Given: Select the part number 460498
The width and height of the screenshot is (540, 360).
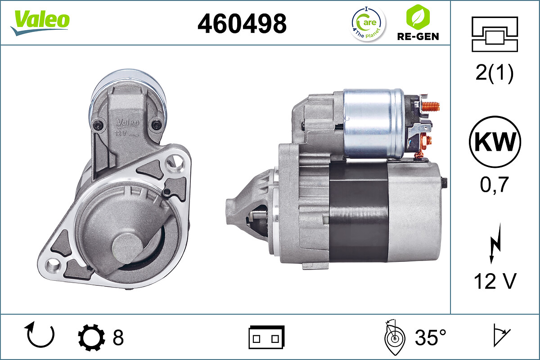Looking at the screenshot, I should (242, 23).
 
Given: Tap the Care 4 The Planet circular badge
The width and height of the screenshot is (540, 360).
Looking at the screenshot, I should (368, 23).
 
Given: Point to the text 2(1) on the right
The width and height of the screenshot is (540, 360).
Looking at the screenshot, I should (494, 73).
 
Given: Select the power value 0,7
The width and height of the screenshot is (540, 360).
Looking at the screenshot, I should (495, 185).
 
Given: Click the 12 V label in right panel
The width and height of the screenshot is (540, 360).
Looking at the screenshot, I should (495, 281).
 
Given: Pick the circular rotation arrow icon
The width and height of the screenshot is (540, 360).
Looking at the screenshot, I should (41, 336).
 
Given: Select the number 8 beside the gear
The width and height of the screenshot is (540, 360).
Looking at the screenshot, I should (118, 337).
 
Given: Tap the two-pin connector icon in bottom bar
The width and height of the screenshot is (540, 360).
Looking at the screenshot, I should (266, 337).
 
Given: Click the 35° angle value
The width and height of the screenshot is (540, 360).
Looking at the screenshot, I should (431, 337).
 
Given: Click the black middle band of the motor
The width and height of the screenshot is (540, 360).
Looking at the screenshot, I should (358, 211).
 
